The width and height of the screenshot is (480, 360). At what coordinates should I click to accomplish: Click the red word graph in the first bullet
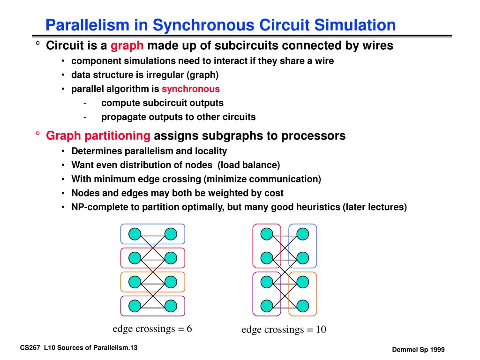tap(128, 46)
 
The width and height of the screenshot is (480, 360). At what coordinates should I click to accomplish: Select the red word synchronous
tap(191, 89)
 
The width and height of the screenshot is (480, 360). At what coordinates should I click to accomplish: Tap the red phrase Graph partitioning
tap(98, 136)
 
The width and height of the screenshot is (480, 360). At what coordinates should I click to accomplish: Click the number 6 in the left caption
tap(189, 329)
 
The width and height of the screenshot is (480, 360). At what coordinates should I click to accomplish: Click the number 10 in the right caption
tap(321, 330)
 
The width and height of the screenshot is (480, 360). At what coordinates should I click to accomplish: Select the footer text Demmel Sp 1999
tap(418, 350)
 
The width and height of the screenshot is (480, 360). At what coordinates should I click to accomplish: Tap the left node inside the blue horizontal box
tap(135, 233)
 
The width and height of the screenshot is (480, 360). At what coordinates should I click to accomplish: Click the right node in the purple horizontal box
tap(171, 306)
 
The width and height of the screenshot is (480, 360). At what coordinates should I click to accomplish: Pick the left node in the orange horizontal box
tap(135, 282)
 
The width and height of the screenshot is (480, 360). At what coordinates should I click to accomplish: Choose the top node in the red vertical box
tap(267, 233)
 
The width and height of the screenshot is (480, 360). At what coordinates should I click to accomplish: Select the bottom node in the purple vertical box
tap(267, 306)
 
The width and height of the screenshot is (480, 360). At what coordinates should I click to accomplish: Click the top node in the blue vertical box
tap(303, 233)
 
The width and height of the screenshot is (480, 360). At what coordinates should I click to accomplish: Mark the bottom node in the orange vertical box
tap(303, 306)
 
